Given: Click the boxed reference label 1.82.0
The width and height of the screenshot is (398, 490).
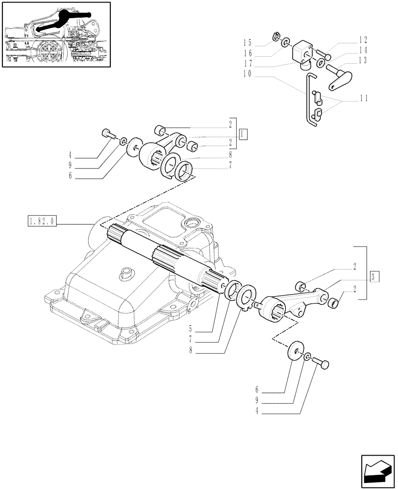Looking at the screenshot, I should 42,222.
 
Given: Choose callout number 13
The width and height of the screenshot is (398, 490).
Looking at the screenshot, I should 363,60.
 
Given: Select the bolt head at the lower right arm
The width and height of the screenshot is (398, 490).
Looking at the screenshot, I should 323,364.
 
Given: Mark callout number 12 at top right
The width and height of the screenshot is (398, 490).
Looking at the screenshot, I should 363,40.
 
